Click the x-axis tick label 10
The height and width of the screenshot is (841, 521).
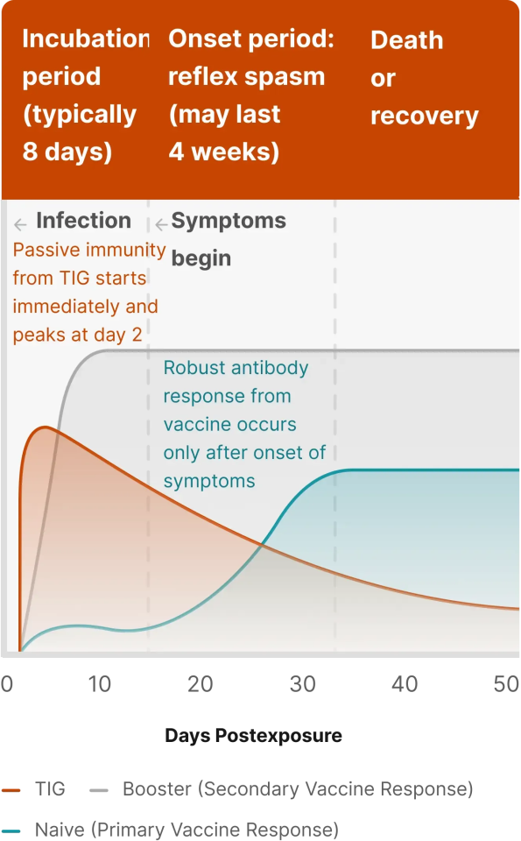pyautogui.click(x=100, y=684)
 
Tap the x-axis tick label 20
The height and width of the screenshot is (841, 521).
pyautogui.click(x=201, y=684)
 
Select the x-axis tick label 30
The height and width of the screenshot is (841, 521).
pyautogui.click(x=303, y=684)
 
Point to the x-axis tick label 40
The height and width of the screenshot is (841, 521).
pyautogui.click(x=405, y=684)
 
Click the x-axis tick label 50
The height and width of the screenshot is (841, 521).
pyautogui.click(x=506, y=684)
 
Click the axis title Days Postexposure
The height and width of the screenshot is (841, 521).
pyautogui.click(x=254, y=735)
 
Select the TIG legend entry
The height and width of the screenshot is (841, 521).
pyautogui.click(x=33, y=789)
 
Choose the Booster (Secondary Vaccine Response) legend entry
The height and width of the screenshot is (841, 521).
pyautogui.click(x=281, y=789)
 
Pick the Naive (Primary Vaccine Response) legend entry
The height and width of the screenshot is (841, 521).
pyautogui.click(x=171, y=830)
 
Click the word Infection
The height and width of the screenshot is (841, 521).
pyautogui.click(x=83, y=221)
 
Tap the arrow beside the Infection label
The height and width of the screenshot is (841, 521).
pyautogui.click(x=20, y=224)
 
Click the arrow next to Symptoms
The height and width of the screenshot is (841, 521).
pyautogui.click(x=161, y=224)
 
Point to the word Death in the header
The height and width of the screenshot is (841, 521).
pyautogui.click(x=407, y=40)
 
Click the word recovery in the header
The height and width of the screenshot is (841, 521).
pyautogui.click(x=425, y=117)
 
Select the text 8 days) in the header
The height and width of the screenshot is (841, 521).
pyautogui.click(x=67, y=152)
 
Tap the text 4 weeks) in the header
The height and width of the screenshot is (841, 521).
pyautogui.click(x=224, y=152)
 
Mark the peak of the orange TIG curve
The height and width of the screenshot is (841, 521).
pyautogui.click(x=46, y=427)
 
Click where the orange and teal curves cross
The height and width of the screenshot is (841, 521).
pyautogui.click(x=262, y=544)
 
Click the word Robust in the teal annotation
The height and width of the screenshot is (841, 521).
pyautogui.click(x=187, y=368)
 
